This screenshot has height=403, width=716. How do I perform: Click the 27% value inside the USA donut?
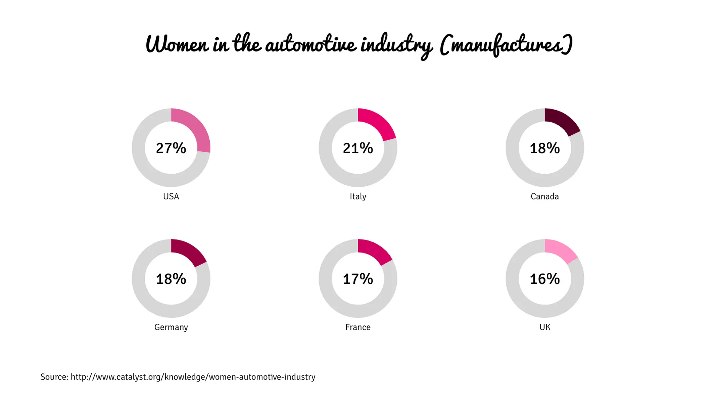171,148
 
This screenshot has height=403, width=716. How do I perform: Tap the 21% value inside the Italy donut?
358,148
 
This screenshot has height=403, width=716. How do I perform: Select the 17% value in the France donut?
358,279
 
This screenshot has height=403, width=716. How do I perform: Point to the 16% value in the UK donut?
544,279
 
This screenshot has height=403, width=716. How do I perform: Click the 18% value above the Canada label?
544,148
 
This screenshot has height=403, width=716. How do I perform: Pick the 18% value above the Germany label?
171,279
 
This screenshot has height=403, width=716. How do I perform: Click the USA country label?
171,196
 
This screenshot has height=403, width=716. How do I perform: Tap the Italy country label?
358,196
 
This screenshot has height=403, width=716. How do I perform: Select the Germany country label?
171,327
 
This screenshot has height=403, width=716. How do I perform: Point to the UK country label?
544,327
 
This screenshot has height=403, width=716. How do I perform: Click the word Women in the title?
177,45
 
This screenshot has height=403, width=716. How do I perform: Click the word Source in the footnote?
54,377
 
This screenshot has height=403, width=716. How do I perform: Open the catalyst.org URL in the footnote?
193,377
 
